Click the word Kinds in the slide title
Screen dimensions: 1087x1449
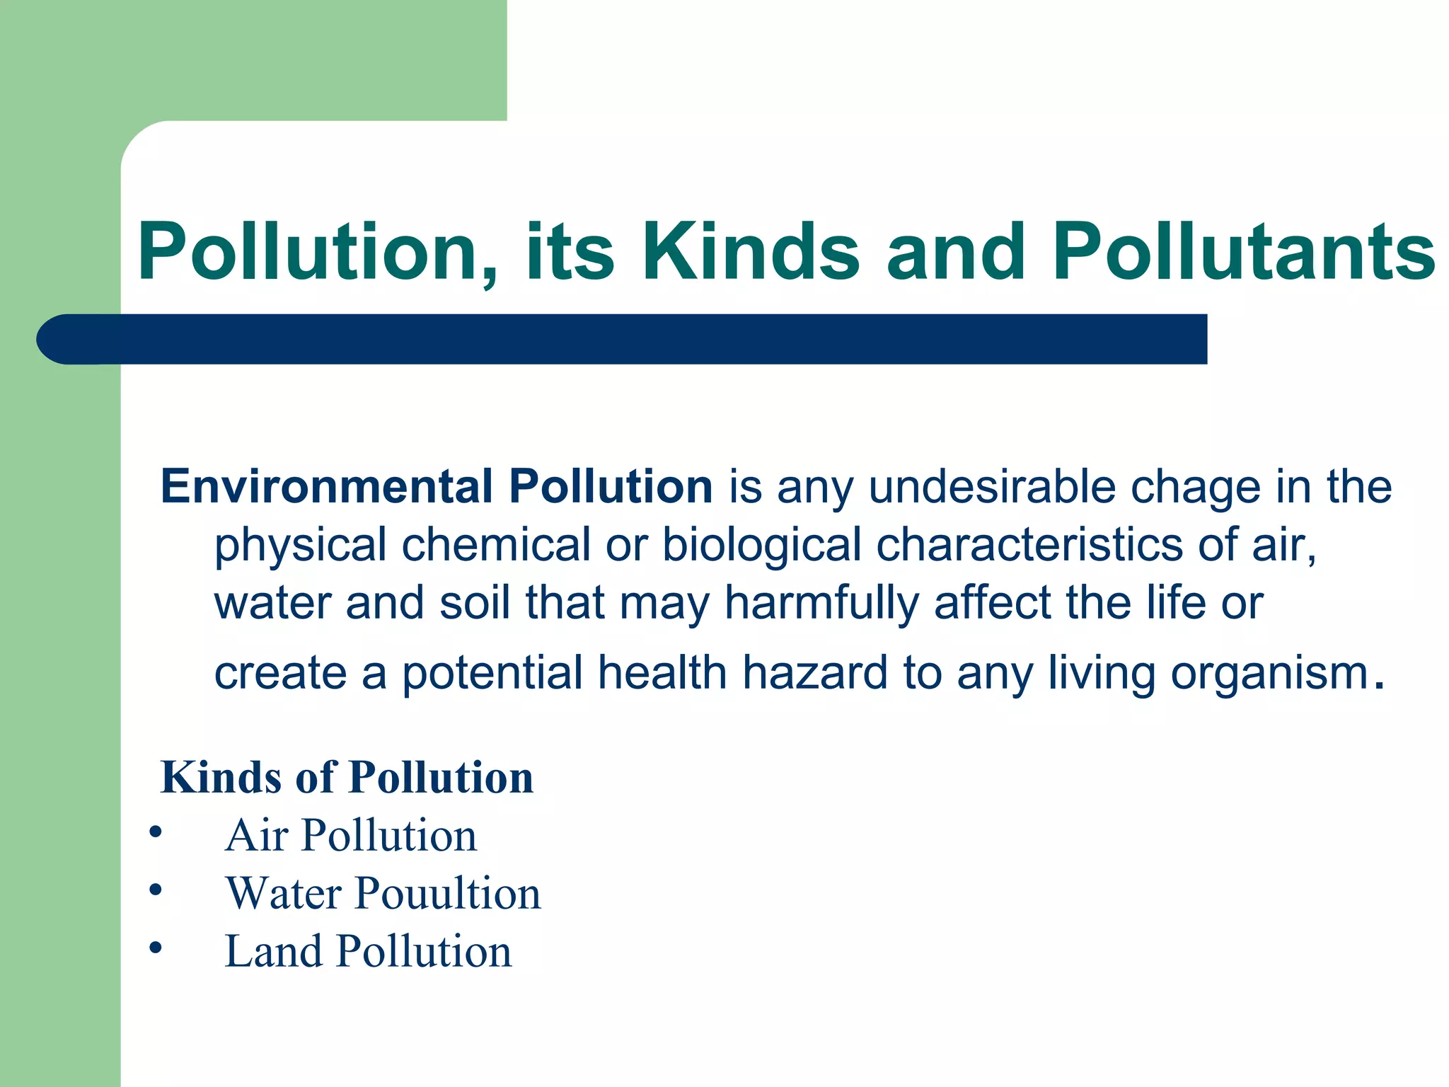click(751, 253)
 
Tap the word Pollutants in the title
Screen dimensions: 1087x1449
click(1244, 253)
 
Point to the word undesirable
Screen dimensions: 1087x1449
click(991, 487)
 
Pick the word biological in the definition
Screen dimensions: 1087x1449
click(761, 546)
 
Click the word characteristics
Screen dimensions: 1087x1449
click(1029, 545)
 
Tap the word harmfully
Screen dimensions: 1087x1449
click(821, 604)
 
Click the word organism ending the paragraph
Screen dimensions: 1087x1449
click(1269, 674)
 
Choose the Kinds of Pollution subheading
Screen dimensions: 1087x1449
click(347, 778)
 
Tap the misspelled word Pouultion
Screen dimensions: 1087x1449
click(448, 893)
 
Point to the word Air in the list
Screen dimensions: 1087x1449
click(256, 836)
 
